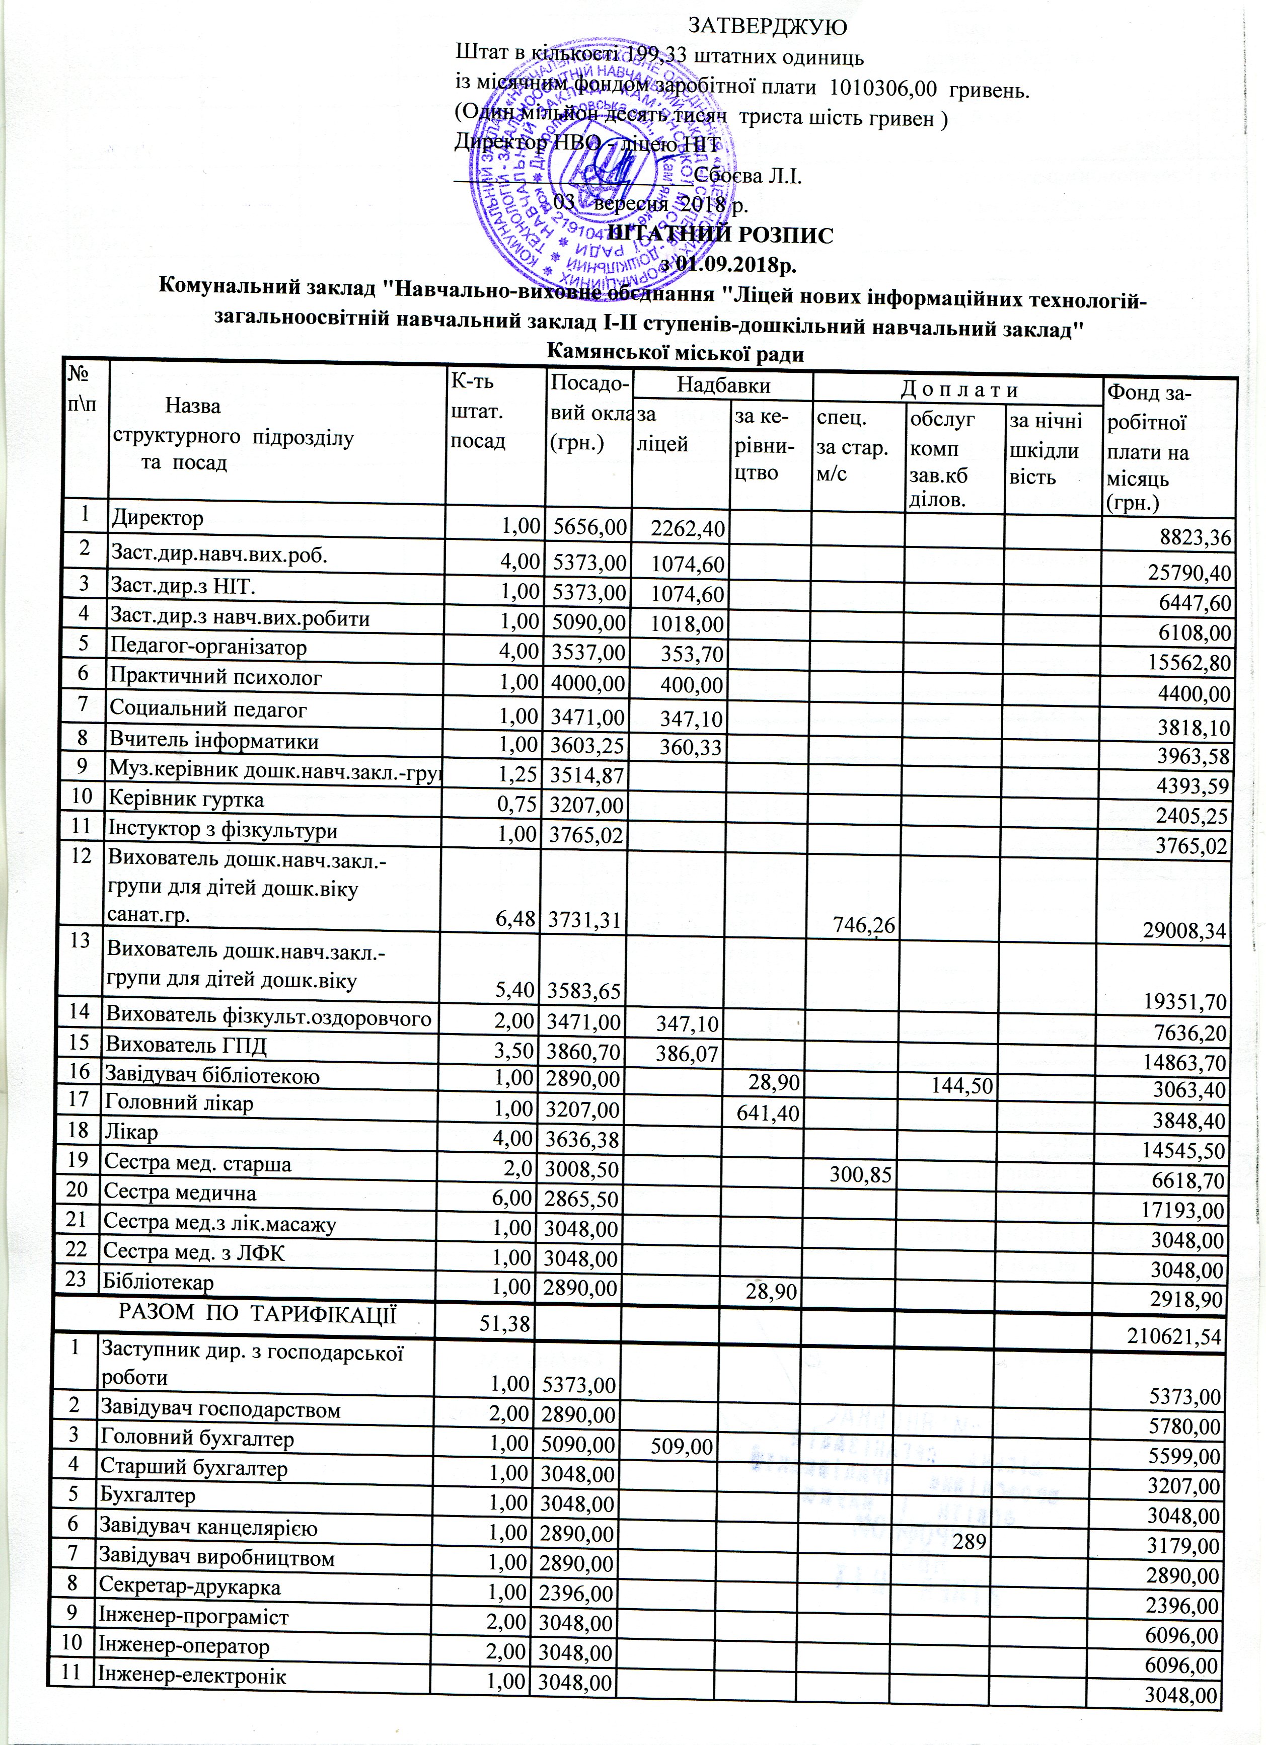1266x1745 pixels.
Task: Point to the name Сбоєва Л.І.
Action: point(748,176)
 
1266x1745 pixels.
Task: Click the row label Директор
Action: point(158,518)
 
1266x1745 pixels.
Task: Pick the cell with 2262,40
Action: point(687,528)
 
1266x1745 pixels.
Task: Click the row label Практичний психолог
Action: point(215,678)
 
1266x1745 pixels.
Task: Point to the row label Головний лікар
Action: point(182,1102)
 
